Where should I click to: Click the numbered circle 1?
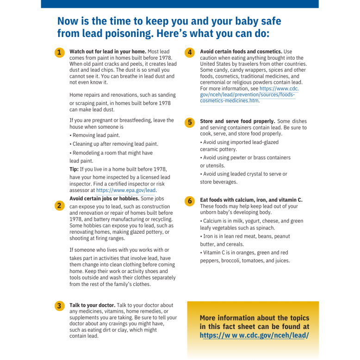click(x=59, y=53)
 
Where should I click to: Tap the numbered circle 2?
click(x=59, y=205)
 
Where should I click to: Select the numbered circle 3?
click(x=59, y=306)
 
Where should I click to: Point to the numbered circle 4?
click(x=190, y=53)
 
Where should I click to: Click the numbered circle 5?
click(x=190, y=122)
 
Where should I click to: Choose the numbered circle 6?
click(x=190, y=201)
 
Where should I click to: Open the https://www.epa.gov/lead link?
click(x=126, y=190)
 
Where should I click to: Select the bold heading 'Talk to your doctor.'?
click(x=92, y=305)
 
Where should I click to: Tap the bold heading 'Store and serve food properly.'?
click(x=237, y=121)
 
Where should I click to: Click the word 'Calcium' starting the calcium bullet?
click(x=212, y=221)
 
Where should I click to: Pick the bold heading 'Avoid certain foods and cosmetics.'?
click(x=241, y=51)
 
